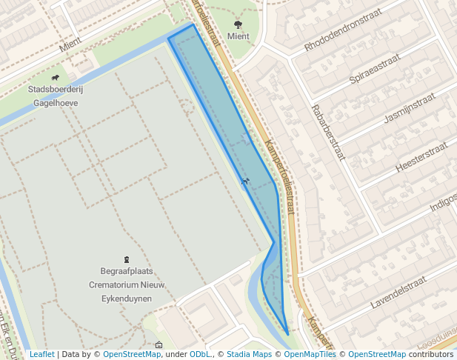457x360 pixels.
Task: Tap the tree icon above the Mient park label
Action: (238, 24)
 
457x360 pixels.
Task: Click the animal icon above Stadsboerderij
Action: (54, 78)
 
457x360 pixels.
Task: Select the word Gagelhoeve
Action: (56, 103)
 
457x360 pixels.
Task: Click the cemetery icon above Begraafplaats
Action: (125, 259)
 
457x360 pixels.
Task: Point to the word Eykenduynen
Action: (125, 299)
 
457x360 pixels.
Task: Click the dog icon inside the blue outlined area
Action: (245, 181)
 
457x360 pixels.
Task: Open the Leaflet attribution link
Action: (41, 354)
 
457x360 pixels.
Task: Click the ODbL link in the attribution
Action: (200, 354)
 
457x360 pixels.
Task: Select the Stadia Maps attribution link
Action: (249, 354)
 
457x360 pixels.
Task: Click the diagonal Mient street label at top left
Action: (70, 45)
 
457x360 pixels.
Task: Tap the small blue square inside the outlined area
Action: (245, 138)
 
